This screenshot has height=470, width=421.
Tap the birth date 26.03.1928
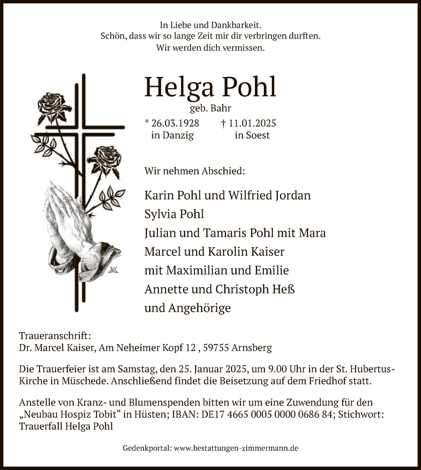click(175, 124)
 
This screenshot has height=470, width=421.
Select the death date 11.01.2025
click(252, 124)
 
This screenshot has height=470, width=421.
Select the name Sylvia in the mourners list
click(159, 214)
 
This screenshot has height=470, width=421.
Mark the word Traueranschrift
click(54, 336)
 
